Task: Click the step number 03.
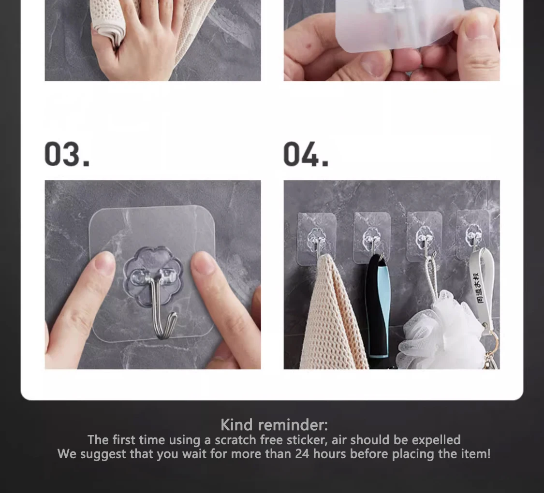67,154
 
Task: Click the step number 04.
306,154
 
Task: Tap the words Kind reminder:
274,425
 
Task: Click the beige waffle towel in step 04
333,312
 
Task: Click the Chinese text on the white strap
480,288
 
